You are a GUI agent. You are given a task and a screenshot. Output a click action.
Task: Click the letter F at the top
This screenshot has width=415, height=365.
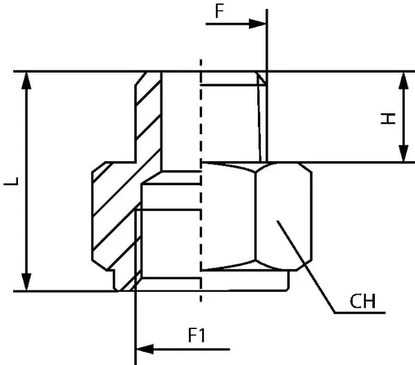coord(219,11)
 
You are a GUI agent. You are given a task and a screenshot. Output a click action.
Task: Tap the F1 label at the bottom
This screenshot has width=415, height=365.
coord(196,335)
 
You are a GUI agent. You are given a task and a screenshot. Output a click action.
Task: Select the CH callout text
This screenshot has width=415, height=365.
coord(362,301)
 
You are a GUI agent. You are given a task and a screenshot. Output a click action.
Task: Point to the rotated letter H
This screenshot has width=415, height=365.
coord(388,118)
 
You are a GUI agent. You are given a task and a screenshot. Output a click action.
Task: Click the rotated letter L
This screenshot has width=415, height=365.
coord(11,181)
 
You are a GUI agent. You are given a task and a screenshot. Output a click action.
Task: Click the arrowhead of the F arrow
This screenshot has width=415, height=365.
coord(257,24)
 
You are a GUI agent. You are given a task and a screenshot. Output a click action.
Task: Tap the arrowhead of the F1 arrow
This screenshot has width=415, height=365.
coord(145,349)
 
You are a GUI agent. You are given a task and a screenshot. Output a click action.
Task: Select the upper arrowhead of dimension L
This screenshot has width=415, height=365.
coord(26,81)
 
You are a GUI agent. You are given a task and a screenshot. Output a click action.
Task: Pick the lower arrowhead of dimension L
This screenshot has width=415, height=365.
coord(26,282)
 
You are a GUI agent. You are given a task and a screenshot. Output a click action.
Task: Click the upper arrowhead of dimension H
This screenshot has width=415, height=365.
coord(403,81)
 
